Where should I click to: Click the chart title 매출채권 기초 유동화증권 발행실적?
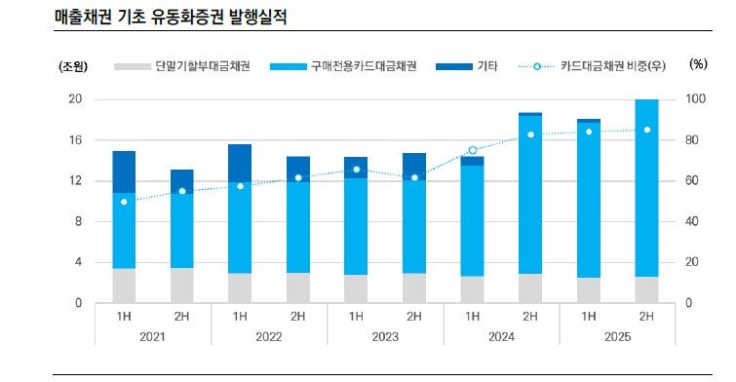pos(171,18)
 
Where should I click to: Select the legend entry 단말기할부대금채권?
pos(195,66)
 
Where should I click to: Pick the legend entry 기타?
pos(487,66)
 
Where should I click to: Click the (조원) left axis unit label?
pos(73,66)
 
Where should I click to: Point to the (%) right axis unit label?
pos(697,64)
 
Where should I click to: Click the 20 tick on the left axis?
pos(74,99)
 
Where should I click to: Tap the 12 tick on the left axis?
pos(74,181)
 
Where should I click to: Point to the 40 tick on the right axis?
pos(693,221)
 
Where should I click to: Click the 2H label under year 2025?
pos(646,316)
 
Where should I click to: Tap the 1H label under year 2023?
pos(356,316)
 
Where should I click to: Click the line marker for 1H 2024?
pos(473,150)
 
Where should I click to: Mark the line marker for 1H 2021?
pos(124,202)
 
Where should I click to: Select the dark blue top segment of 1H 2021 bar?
pos(124,172)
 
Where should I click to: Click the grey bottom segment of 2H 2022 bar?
pos(298,287)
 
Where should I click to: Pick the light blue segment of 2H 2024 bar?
pos(530,195)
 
